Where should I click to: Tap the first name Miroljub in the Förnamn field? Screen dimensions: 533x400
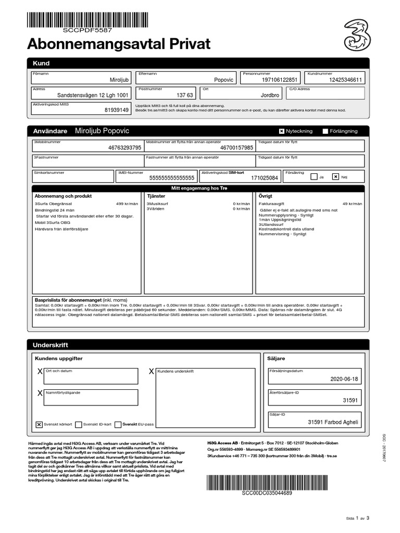(119, 80)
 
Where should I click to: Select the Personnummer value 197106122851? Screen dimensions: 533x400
(280, 80)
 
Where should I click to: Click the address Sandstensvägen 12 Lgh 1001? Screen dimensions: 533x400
(92, 96)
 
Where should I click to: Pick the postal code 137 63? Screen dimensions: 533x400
(185, 96)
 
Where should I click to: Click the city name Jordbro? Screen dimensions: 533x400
(270, 96)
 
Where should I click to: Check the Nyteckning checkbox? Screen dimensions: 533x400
(282, 131)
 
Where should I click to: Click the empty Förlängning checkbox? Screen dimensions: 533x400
(326, 131)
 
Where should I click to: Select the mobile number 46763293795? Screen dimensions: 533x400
(124, 148)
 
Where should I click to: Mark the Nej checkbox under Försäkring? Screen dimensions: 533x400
(335, 176)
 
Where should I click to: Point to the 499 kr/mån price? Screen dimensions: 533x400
(127, 204)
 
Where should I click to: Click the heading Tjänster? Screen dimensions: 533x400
(156, 196)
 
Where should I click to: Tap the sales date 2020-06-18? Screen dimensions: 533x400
(344, 379)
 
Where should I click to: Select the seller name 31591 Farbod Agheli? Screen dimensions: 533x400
(333, 422)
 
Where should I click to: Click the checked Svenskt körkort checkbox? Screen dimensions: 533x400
(39, 424)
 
